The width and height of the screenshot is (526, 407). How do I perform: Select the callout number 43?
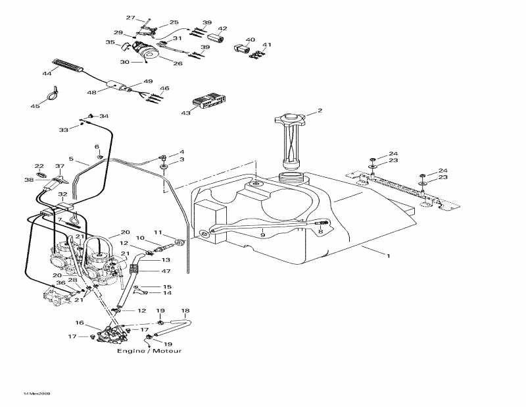click(x=187, y=113)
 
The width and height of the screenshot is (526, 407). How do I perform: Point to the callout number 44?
click(x=47, y=73)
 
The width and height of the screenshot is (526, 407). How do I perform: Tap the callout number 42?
click(x=223, y=29)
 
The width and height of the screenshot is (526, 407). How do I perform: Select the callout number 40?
click(x=250, y=40)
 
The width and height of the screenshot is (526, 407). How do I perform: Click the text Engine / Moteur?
click(x=149, y=351)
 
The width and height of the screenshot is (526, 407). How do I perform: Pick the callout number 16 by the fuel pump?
click(x=79, y=323)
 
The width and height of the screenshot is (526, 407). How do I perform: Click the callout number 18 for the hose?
click(x=185, y=311)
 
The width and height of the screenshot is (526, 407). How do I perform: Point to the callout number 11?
click(x=158, y=232)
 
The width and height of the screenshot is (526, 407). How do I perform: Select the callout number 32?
click(x=62, y=195)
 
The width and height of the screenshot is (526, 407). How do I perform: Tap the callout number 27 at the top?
click(x=130, y=18)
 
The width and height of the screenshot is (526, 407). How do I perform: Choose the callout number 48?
click(x=91, y=92)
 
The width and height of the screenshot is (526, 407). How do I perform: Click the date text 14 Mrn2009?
click(x=36, y=393)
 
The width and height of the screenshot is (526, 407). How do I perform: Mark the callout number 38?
click(x=28, y=180)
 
